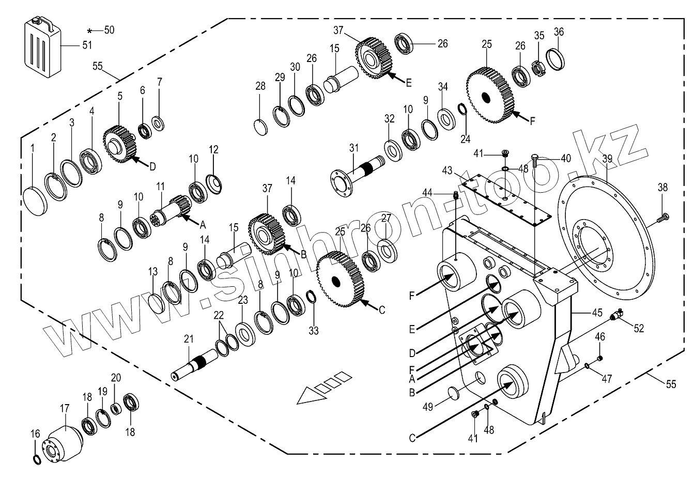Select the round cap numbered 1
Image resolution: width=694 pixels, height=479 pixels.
(x=36, y=199)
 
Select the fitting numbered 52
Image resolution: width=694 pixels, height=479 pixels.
(x=615, y=314)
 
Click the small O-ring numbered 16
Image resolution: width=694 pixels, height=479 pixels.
(x=36, y=460)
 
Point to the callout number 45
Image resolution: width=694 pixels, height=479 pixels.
(x=597, y=313)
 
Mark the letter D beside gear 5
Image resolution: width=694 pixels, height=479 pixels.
(x=152, y=167)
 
